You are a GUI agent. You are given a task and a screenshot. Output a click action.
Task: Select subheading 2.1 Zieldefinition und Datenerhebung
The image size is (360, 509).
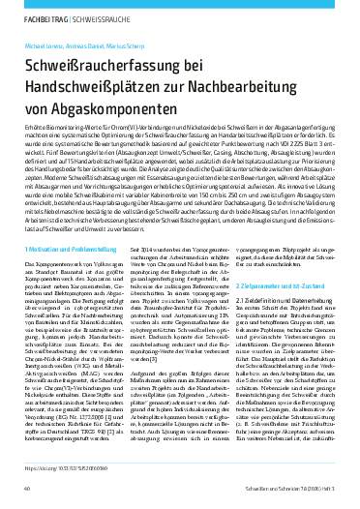pyautogui.click(x=279, y=331)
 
